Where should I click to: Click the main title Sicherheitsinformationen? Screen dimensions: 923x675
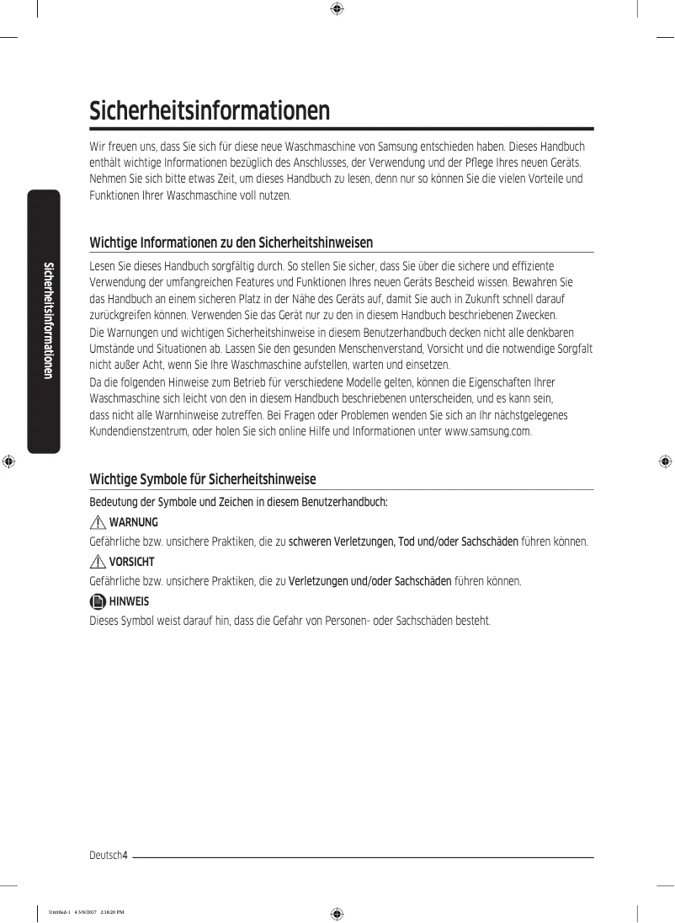coord(210,111)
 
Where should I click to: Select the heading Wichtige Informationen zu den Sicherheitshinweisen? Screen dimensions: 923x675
coord(231,243)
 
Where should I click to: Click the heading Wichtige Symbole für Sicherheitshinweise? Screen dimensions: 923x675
coord(203,479)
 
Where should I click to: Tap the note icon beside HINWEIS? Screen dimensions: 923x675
coord(98,601)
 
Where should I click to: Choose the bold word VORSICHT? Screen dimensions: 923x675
coord(132,562)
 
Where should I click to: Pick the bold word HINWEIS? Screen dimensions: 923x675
coord(129,601)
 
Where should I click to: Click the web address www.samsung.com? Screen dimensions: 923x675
coord(487,432)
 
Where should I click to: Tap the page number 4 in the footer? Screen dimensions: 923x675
coord(124,856)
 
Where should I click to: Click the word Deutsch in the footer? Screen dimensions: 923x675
coord(105,856)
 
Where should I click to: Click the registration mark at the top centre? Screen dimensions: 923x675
coord(336,9)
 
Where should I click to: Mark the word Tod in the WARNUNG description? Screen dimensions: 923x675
coord(407,542)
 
